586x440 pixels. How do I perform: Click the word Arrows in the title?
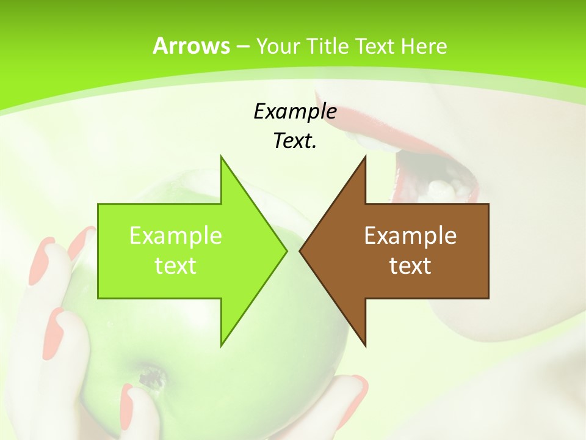click(191, 46)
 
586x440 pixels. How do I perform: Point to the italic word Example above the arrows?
click(295, 111)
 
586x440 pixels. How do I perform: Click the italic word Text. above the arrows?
click(295, 141)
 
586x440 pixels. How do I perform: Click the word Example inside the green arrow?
click(176, 236)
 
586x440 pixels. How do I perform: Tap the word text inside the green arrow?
click(176, 266)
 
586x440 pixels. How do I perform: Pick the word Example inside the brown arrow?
click(410, 236)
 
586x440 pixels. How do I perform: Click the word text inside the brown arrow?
click(410, 266)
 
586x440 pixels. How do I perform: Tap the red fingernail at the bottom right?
click(358, 385)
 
